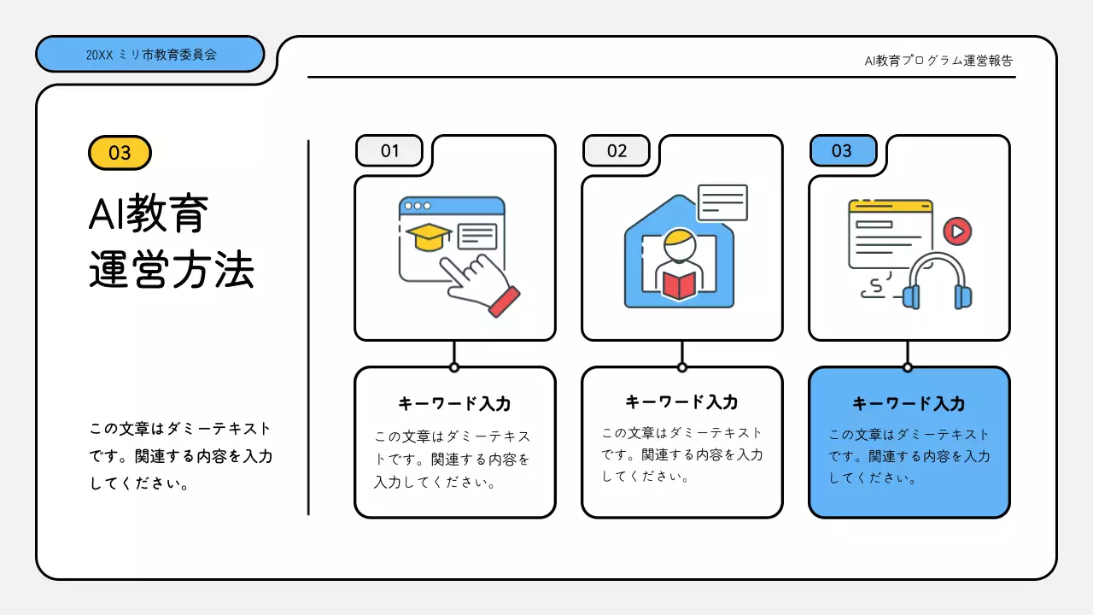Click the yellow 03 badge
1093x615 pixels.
(x=120, y=153)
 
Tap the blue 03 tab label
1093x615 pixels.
(x=842, y=151)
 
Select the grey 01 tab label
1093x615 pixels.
(x=389, y=151)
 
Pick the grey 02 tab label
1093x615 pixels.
(x=617, y=151)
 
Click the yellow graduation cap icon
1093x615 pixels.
(x=429, y=236)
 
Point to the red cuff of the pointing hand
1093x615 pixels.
(x=504, y=301)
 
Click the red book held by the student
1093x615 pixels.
(x=680, y=284)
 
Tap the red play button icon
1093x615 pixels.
(x=957, y=231)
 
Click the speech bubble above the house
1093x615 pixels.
(x=722, y=202)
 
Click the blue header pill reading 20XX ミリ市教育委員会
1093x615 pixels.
(x=150, y=54)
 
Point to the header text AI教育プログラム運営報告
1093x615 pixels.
(x=938, y=61)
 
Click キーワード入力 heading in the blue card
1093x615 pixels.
(x=909, y=404)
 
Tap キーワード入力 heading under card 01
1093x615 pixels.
(x=454, y=404)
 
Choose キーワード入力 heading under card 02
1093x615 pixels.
(x=681, y=401)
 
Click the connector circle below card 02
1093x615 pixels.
(x=681, y=367)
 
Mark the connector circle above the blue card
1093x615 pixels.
(x=908, y=367)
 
